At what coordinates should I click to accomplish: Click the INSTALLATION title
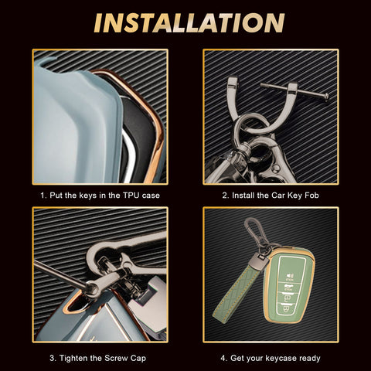(189, 23)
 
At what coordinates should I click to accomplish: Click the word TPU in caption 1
(131, 196)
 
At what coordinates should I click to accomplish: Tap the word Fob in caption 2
(311, 196)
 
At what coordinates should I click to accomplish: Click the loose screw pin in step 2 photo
(294, 90)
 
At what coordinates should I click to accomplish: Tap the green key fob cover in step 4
(289, 285)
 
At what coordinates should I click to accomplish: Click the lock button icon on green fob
(290, 277)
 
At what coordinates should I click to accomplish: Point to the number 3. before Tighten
(53, 358)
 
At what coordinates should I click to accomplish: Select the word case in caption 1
(151, 196)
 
